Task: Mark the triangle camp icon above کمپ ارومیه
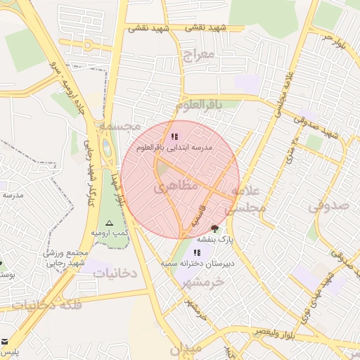108,221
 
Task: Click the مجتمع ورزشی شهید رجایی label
67,258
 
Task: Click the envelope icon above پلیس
6,339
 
